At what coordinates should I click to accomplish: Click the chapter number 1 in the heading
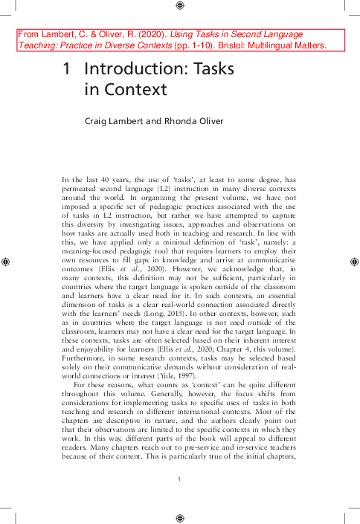click(67, 70)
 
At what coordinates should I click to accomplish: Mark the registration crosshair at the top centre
click(180, 6)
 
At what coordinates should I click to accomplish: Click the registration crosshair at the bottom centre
click(180, 517)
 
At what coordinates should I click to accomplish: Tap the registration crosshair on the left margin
click(6, 262)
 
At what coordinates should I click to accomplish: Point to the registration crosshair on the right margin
click(354, 262)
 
